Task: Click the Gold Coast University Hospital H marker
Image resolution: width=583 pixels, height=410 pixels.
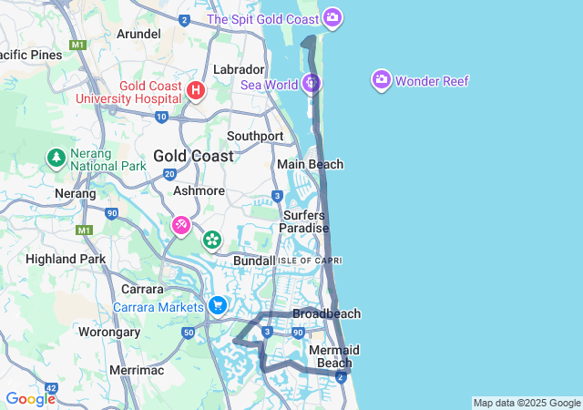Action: (196, 90)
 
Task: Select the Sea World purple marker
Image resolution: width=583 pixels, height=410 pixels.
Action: (312, 84)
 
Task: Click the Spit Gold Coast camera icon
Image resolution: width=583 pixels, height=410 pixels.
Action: (332, 17)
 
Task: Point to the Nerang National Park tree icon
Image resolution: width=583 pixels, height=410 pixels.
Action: (56, 158)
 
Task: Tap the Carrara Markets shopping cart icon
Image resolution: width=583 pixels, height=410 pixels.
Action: (217, 305)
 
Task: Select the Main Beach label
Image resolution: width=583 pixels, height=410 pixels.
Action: (310, 164)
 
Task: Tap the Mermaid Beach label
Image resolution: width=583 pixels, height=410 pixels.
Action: (333, 356)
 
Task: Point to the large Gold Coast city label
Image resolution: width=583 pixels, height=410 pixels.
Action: (192, 156)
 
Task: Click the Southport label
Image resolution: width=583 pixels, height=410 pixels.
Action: (255, 136)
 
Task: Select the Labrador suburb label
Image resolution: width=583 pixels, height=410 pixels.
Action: (238, 69)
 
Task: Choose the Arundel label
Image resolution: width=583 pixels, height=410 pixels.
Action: (139, 34)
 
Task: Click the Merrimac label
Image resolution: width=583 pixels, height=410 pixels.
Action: (135, 370)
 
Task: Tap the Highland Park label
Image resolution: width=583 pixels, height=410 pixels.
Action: (66, 259)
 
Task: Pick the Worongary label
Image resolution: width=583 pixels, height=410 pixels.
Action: (109, 332)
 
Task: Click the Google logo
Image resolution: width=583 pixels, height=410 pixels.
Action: (30, 398)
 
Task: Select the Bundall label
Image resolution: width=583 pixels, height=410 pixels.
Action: (254, 261)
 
